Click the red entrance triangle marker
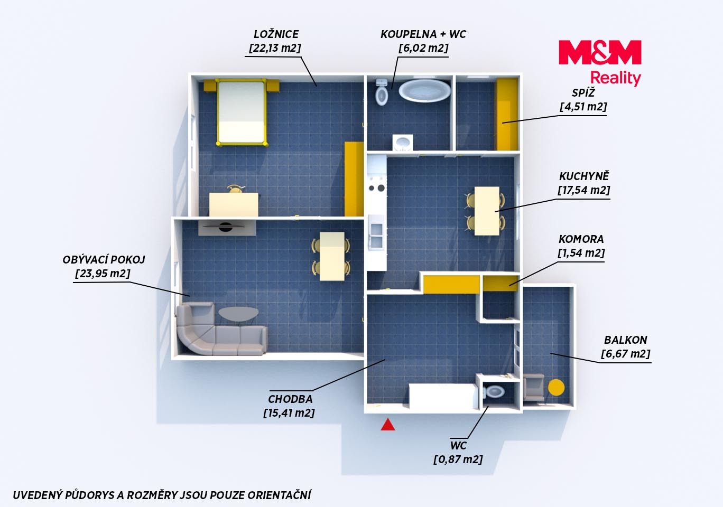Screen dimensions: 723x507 coord(387,425)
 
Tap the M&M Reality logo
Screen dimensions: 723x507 coord(600,63)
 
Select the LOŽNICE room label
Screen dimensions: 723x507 coord(276,34)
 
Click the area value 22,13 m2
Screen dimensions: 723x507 coord(275,48)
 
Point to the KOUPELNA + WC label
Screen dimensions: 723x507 coord(423,34)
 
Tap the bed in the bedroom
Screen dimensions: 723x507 coord(242,112)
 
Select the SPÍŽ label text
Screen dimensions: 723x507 coord(583,93)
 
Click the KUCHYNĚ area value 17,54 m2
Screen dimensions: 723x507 coord(584,190)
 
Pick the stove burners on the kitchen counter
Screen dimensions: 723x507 coord(377,187)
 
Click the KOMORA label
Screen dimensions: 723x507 coord(581,239)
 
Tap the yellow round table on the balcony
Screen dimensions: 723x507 coord(557,387)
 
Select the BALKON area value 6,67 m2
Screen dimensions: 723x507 coord(626,354)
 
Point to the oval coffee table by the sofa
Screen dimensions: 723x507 coord(238,314)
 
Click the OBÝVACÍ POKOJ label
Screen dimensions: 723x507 coord(104,260)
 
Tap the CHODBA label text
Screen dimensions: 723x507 coord(290,399)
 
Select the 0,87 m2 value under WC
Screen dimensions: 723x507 coord(458,459)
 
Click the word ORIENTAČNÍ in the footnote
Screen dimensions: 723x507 coord(280,495)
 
